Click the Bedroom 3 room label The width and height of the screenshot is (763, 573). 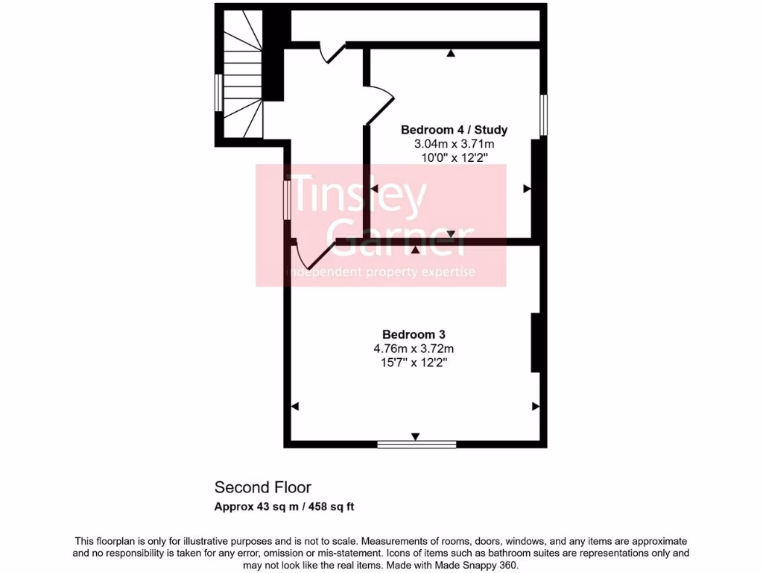point(414,334)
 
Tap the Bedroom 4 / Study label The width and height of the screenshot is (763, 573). point(454,130)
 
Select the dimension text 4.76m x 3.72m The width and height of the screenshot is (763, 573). point(414,348)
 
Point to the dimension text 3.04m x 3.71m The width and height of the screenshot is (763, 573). point(454,144)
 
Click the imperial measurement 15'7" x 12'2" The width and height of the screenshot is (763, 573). point(414,363)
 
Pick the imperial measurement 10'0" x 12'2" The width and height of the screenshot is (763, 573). point(454,157)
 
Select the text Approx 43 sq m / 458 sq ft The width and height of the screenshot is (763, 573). point(284,507)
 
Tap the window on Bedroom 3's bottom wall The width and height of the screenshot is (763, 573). point(417,445)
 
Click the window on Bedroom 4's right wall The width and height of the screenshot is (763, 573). point(544,115)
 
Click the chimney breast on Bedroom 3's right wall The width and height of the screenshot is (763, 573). point(535,342)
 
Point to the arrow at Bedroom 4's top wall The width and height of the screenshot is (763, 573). point(451,53)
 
